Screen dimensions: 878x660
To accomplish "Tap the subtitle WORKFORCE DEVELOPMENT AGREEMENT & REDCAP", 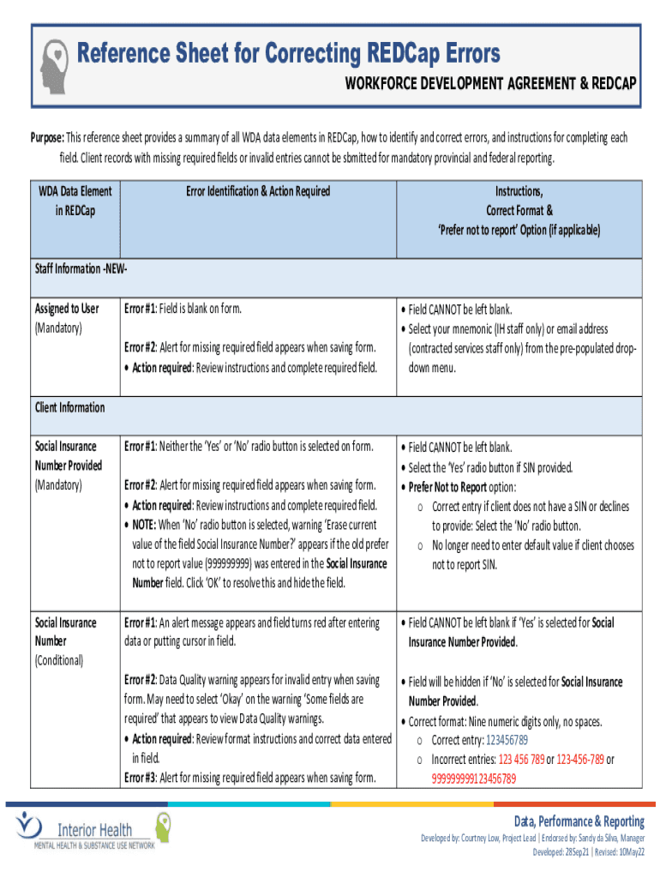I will pyautogui.click(x=489, y=83).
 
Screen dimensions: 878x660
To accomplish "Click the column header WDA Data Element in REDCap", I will pyautogui.click(x=75, y=201).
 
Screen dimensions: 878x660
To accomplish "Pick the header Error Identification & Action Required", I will pyautogui.click(x=258, y=191).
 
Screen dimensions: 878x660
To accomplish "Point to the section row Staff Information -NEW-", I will pyautogui.click(x=81, y=268).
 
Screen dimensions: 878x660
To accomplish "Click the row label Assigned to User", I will pyautogui.click(x=67, y=309).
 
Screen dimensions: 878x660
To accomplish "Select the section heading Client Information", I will pyautogui.click(x=69, y=407).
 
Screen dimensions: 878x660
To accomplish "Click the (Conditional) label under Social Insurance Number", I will pyautogui.click(x=58, y=660).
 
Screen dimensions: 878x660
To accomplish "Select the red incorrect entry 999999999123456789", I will pyautogui.click(x=473, y=779).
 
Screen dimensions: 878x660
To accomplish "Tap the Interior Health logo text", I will pyautogui.click(x=94, y=829).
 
